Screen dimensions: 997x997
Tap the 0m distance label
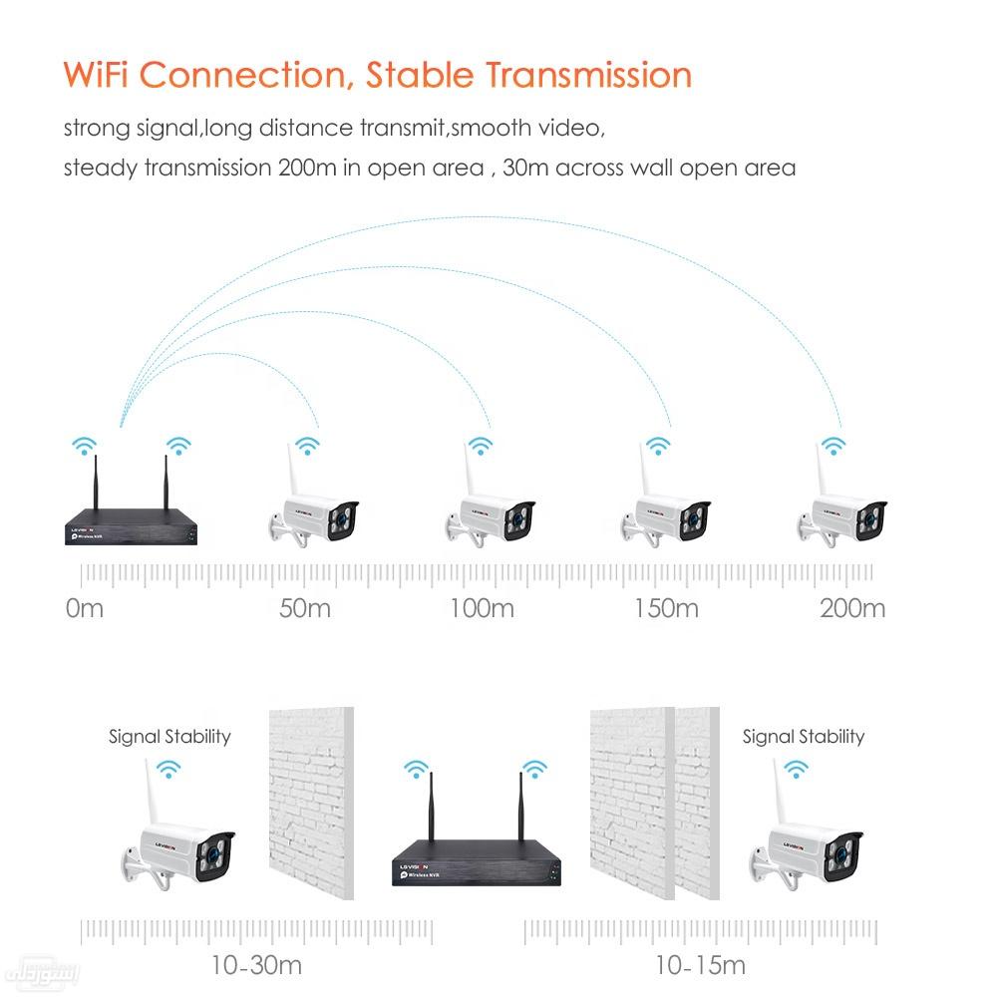point(84,607)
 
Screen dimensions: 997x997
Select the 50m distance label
point(304,607)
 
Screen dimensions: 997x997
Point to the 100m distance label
point(482,607)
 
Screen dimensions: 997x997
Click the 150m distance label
point(666,607)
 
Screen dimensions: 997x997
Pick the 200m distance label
point(851,607)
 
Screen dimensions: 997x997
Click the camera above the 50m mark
point(314,514)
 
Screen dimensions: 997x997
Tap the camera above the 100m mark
point(491,514)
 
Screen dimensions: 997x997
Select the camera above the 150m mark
point(666,514)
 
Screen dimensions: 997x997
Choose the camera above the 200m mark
point(842,514)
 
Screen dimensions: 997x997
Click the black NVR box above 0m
point(136,526)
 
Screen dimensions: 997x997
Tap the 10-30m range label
point(256,965)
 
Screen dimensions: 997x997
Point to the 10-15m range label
point(700,965)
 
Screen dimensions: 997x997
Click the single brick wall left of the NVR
point(311,803)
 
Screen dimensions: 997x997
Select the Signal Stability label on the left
point(169,737)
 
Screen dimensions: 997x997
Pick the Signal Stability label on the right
point(803,737)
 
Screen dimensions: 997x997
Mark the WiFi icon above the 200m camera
point(833,445)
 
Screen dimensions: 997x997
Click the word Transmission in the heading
point(588,75)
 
